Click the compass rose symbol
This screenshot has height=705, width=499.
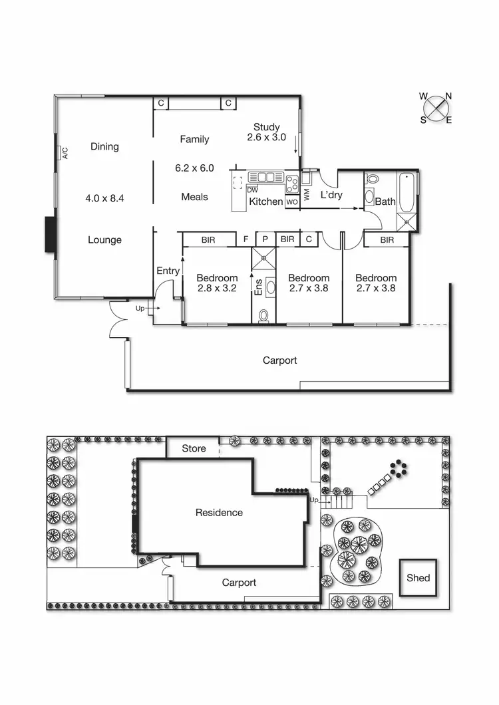click(x=436, y=108)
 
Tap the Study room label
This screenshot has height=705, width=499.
click(x=266, y=127)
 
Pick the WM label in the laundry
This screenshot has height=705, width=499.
click(x=307, y=195)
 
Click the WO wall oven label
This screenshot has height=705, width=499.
click(x=292, y=202)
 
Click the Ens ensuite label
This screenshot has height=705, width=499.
click(x=258, y=287)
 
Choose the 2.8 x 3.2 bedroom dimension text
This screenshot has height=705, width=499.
click(x=217, y=289)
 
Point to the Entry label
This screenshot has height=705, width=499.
click(x=168, y=271)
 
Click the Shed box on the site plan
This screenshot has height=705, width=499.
click(x=418, y=578)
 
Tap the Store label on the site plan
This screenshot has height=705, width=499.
click(x=194, y=448)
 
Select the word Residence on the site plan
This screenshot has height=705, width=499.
click(x=219, y=512)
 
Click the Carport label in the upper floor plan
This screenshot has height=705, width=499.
click(x=279, y=360)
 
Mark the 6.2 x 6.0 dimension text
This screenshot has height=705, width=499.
click(x=194, y=168)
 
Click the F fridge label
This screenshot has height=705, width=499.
click(x=246, y=239)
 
